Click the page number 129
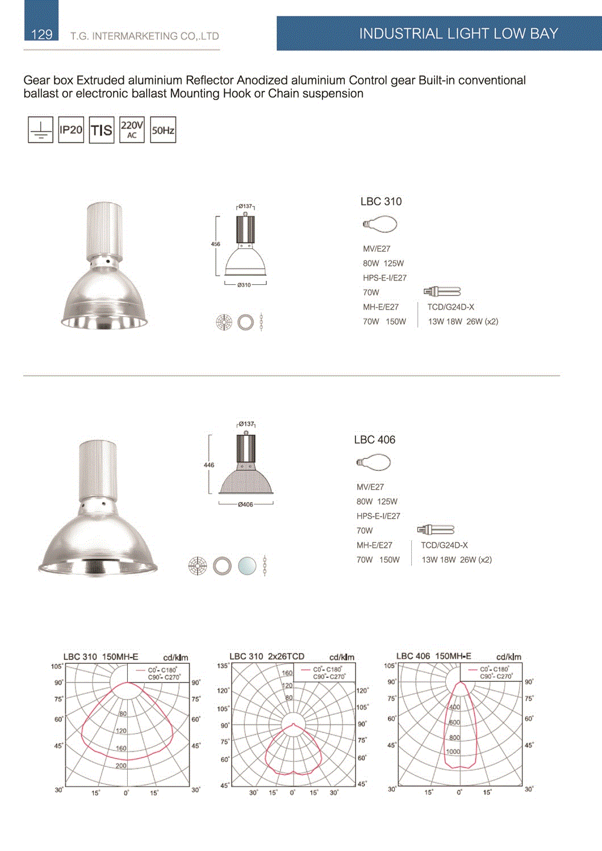pyautogui.click(x=41, y=35)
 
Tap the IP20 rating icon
pyautogui.click(x=71, y=130)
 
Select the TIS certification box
pyautogui.click(x=102, y=130)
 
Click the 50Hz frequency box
pyautogui.click(x=163, y=130)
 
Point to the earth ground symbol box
pyautogui.click(x=40, y=130)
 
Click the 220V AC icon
pyautogui.click(x=132, y=130)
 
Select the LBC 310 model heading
pyautogui.click(x=381, y=201)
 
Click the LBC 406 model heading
pyautogui.click(x=375, y=440)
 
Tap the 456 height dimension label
pyautogui.click(x=216, y=244)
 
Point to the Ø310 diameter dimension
pyautogui.click(x=244, y=285)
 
